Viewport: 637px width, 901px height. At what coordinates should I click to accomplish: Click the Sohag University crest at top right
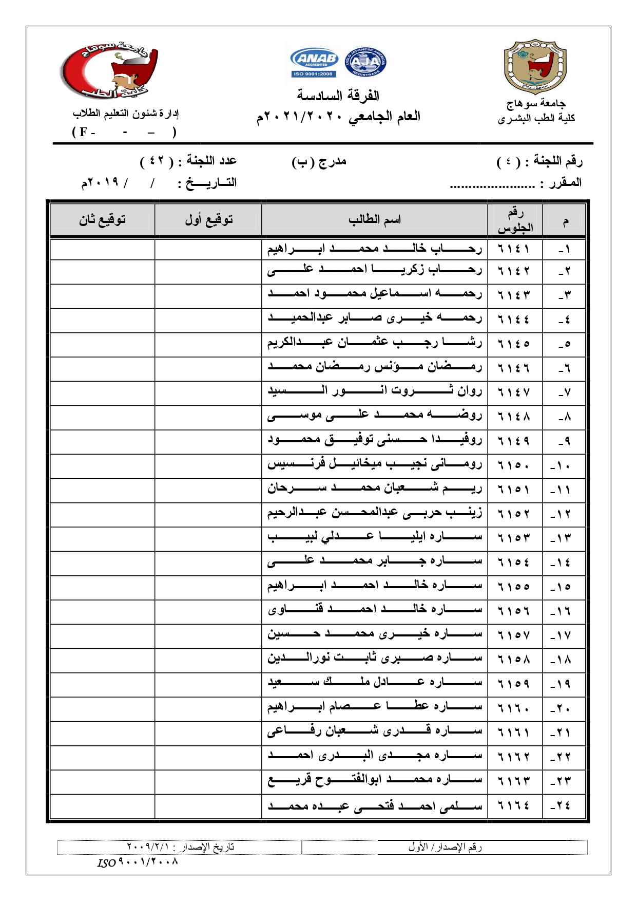535,66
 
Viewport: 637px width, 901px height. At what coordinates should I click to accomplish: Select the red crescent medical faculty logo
110,70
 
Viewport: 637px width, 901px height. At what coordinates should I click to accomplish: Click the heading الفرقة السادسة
338,96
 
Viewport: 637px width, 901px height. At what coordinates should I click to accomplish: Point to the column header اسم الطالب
374,220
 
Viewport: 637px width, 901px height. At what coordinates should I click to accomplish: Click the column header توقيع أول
208,220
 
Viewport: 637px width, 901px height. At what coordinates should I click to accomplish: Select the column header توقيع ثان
102,220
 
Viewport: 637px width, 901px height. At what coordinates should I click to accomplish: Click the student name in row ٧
374,392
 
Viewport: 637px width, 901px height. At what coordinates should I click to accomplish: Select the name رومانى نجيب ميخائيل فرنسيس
374,465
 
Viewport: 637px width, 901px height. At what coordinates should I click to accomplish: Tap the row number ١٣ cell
563,539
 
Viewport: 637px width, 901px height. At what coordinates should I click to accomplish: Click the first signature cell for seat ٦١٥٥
208,587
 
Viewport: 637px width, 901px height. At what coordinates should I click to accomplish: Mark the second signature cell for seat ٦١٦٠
102,708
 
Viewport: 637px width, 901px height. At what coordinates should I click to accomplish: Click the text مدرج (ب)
319,162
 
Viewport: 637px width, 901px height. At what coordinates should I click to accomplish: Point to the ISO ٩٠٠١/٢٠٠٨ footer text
138,862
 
